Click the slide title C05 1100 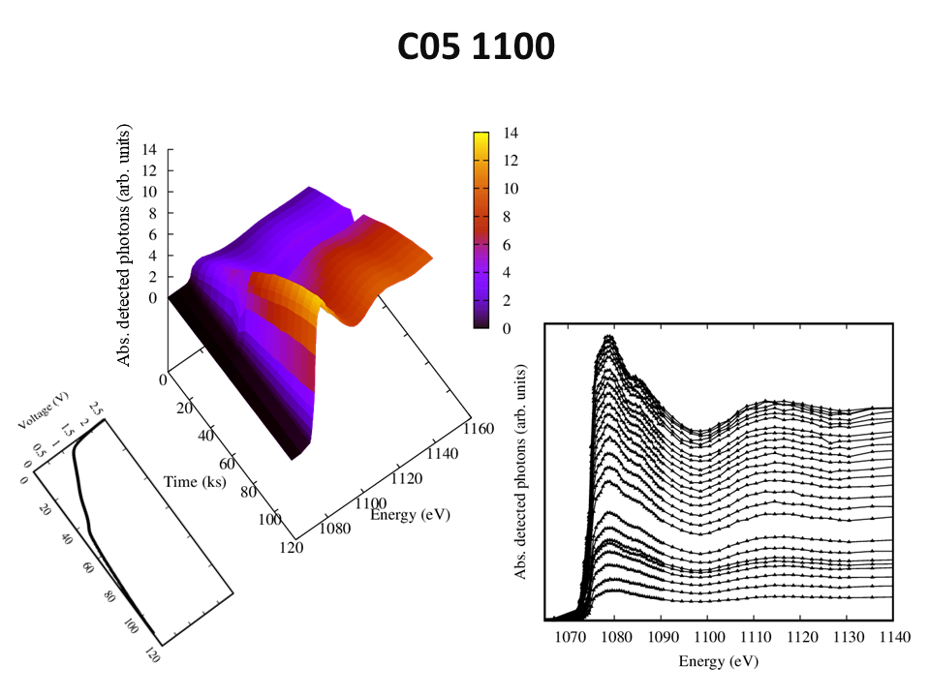[x=476, y=46]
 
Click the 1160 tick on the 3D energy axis [x=479, y=428]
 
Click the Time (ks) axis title [x=196, y=481]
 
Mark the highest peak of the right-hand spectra [x=608, y=337]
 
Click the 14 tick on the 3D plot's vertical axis [x=149, y=150]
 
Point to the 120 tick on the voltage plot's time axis [x=152, y=654]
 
